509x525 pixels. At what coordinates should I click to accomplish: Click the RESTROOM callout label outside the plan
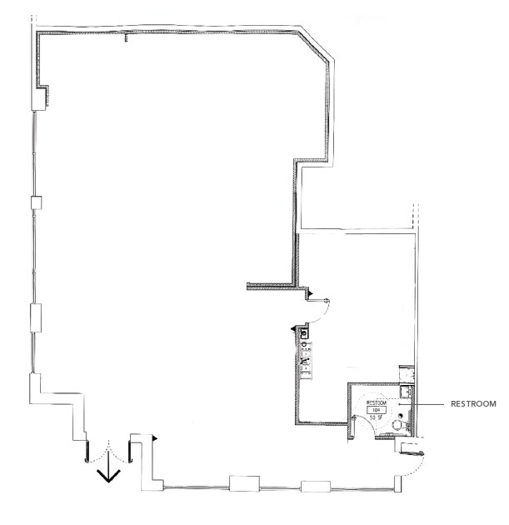(472, 404)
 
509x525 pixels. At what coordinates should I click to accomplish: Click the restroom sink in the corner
(405, 392)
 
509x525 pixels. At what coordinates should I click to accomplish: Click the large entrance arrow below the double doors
(108, 472)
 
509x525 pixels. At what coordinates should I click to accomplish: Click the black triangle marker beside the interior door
(309, 293)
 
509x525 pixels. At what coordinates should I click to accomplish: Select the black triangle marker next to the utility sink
(292, 330)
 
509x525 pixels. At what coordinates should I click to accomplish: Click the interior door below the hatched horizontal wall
(321, 307)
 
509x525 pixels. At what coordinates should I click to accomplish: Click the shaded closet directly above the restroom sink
(405, 373)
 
